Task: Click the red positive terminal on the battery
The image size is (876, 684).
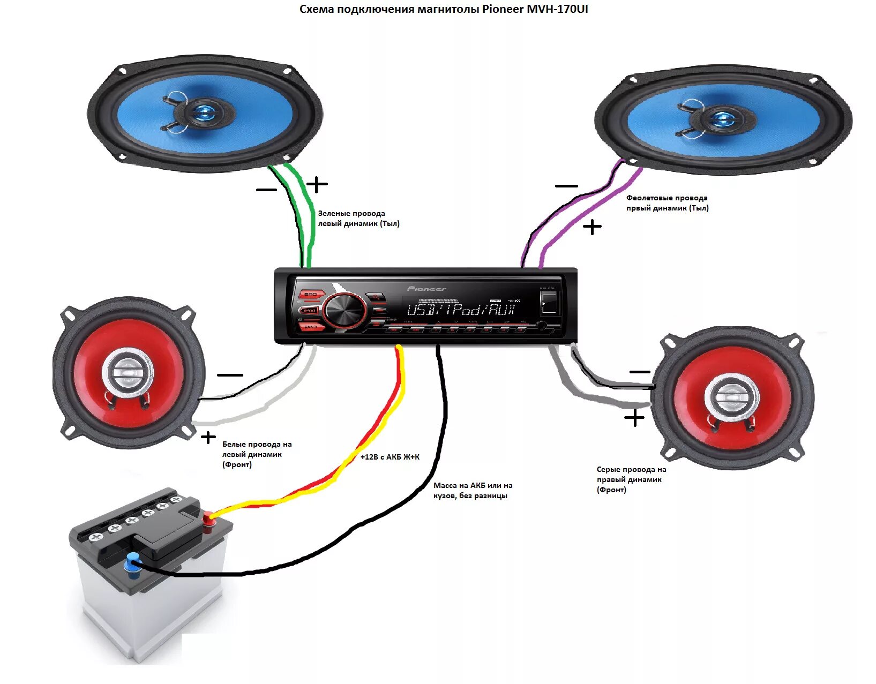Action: tap(207, 517)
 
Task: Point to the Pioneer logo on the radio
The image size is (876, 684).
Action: tap(426, 289)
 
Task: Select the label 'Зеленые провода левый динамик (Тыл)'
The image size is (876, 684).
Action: tap(358, 219)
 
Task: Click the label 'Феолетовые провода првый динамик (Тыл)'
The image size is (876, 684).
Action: tap(667, 203)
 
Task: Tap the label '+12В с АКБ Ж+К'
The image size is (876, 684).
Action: tap(390, 457)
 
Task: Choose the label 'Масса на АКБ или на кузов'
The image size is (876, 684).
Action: tap(473, 491)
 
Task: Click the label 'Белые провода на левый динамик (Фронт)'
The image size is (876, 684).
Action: tap(257, 454)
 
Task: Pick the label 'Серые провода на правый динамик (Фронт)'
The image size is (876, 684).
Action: tap(631, 479)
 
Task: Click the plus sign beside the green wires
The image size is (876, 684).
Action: tap(317, 184)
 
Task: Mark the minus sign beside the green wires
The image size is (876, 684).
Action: tap(266, 190)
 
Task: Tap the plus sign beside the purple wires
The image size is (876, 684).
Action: tap(592, 227)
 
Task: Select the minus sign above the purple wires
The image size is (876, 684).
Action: tap(566, 186)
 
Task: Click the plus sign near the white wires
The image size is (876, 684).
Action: tap(208, 438)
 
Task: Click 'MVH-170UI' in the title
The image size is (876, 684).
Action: tap(557, 9)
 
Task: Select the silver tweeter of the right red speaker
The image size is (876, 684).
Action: tap(731, 397)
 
